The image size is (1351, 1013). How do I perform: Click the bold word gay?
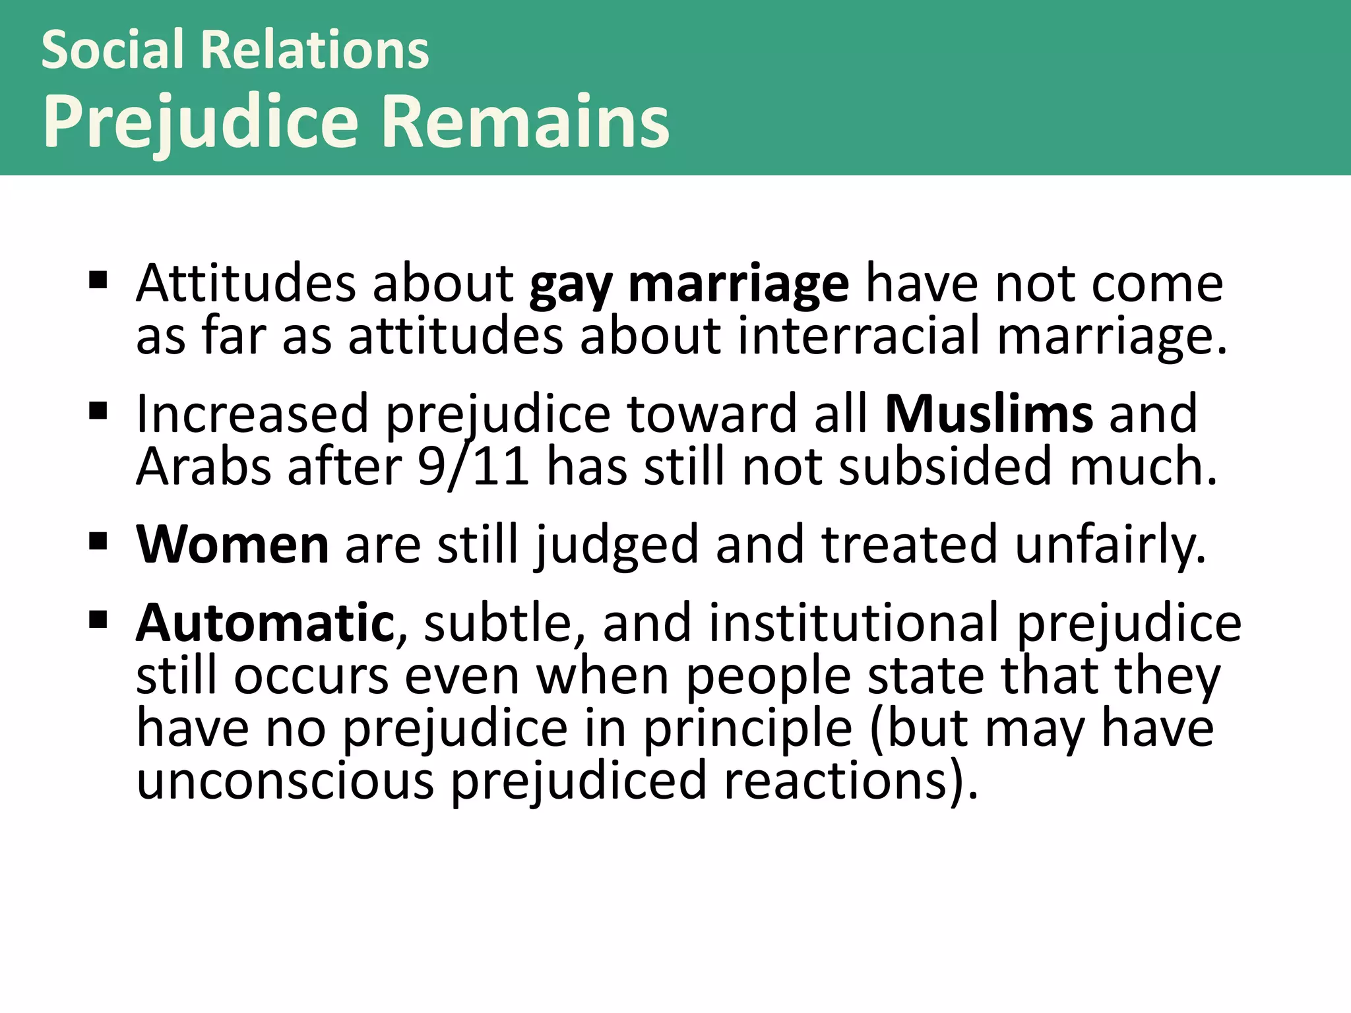(571, 285)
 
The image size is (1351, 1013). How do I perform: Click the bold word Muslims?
(989, 414)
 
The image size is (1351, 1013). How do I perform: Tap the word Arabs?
(203, 466)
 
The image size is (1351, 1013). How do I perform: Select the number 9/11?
(473, 466)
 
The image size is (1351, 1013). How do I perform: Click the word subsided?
(945, 466)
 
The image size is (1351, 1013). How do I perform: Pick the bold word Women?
(232, 545)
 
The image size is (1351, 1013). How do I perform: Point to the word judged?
(617, 546)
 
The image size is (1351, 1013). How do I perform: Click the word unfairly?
(1110, 546)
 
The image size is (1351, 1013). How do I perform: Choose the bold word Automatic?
(265, 623)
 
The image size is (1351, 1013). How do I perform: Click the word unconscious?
(285, 780)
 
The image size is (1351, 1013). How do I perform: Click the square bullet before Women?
(98, 542)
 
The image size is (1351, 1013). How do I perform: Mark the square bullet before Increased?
(98, 412)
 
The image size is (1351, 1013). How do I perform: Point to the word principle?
(747, 729)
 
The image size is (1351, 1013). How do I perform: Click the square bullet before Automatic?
(98, 620)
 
